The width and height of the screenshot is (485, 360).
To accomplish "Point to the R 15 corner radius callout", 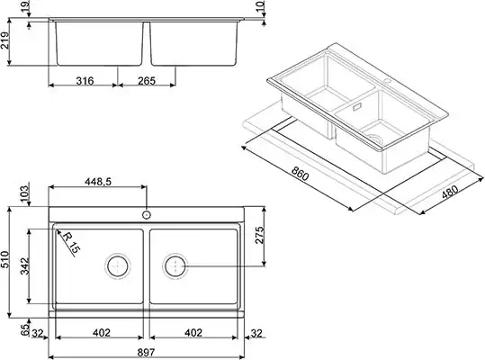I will [71, 242].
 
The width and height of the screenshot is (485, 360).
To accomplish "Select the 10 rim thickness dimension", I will [260, 9].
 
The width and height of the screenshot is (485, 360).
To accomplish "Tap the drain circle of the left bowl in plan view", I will [117, 265].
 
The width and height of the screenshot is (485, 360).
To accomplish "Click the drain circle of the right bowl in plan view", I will [175, 265].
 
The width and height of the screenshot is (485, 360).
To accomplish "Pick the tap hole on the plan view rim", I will [146, 216].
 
